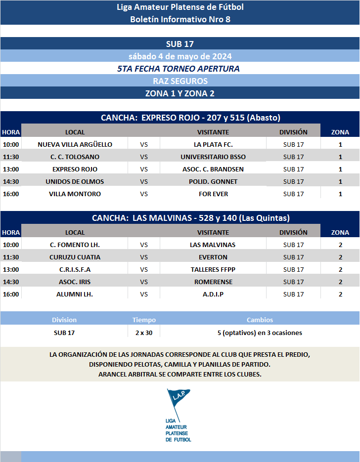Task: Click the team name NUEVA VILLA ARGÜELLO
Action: pyautogui.click(x=75, y=144)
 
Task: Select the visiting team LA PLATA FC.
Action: pyautogui.click(x=213, y=144)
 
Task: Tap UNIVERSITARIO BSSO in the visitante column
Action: pyautogui.click(x=213, y=157)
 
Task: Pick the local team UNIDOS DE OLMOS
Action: pyautogui.click(x=75, y=181)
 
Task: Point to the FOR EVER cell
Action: pyautogui.click(x=213, y=194)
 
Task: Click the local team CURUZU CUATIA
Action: pyautogui.click(x=75, y=257)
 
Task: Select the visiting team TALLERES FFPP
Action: pyautogui.click(x=213, y=269)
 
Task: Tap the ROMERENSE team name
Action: pyautogui.click(x=213, y=282)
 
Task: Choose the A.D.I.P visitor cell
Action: pyautogui.click(x=213, y=294)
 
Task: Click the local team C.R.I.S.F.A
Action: pyautogui.click(x=75, y=269)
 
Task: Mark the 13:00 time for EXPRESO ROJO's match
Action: pyautogui.click(x=11, y=169)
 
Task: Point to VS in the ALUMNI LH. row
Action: pyautogui.click(x=144, y=294)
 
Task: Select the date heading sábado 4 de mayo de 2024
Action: pyautogui.click(x=180, y=56)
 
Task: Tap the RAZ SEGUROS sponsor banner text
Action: pyautogui.click(x=180, y=81)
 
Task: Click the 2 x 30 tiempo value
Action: pyautogui.click(x=144, y=333)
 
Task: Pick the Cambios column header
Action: pyautogui.click(x=260, y=320)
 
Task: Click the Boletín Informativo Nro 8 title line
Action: pyautogui.click(x=180, y=19)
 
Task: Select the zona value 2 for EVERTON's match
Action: pyautogui.click(x=340, y=257)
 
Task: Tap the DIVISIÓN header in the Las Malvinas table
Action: pyautogui.click(x=293, y=232)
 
